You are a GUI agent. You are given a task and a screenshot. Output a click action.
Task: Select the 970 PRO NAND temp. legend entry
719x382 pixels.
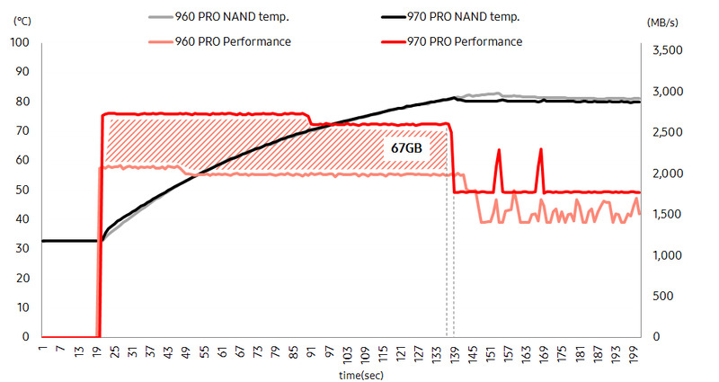(459, 17)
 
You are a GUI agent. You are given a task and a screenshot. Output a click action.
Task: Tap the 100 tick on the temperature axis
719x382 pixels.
(20, 42)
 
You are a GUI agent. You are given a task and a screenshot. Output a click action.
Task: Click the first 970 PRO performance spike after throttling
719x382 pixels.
(499, 151)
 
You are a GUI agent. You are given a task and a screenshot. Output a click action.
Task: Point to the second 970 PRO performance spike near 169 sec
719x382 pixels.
(540, 150)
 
